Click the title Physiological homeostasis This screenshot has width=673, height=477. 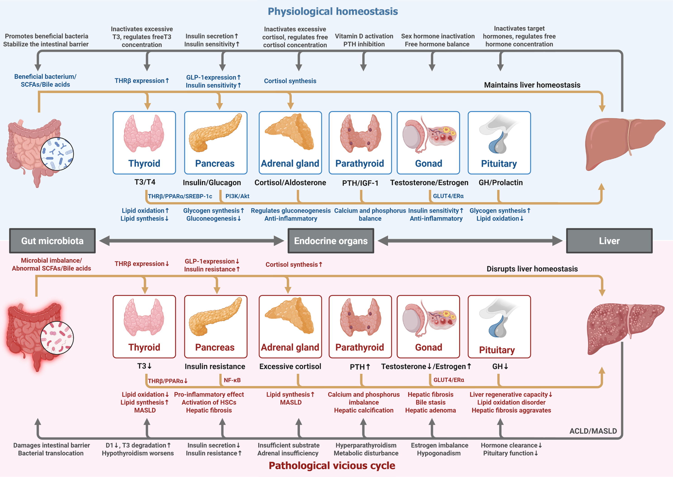333,12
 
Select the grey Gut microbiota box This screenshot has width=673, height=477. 52,241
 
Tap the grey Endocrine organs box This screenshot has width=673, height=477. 331,241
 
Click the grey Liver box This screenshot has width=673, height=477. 609,241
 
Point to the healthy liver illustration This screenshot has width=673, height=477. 623,142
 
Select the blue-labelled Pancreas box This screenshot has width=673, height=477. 216,143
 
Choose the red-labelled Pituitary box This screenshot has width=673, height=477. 499,327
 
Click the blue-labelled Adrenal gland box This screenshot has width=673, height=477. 290,143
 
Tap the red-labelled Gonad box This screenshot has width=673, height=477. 428,327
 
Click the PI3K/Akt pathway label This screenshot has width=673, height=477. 237,196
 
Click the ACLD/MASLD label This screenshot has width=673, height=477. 593,431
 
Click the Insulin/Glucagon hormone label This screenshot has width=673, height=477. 212,183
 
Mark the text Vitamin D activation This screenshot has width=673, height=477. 364,36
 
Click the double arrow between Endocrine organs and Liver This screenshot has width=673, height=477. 470,241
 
